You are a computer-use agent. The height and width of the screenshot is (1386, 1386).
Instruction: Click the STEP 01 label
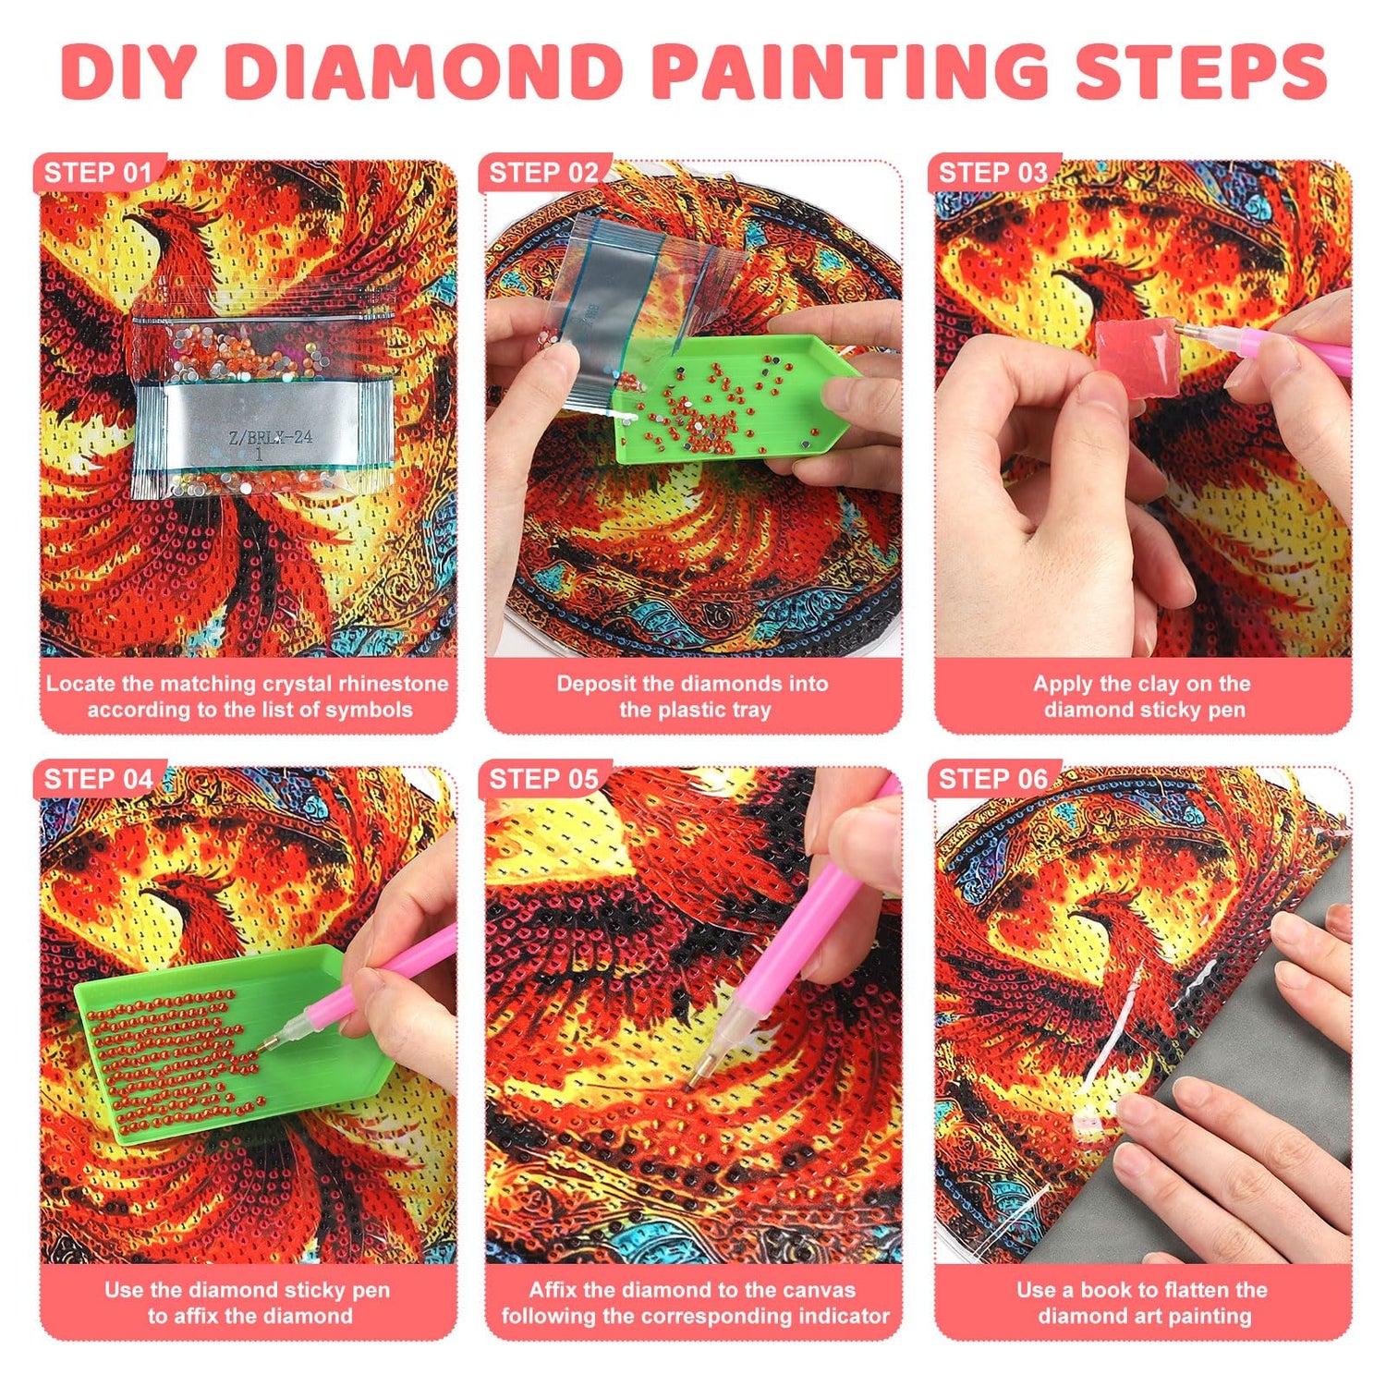(x=97, y=173)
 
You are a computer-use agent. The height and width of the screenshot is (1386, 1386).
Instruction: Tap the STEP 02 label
(x=543, y=173)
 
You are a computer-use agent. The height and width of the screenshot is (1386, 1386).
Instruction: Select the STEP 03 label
(x=992, y=173)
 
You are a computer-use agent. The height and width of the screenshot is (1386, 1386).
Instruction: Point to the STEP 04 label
(x=98, y=779)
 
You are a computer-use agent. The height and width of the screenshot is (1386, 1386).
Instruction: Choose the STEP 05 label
(x=543, y=779)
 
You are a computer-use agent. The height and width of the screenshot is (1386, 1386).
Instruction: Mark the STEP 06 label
(x=992, y=779)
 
